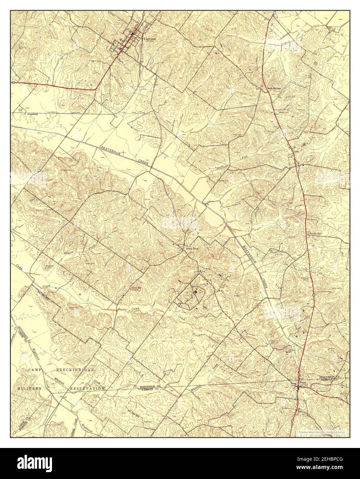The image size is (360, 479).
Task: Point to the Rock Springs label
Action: coord(274,89)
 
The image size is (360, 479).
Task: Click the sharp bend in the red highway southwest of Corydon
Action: coord(96,90)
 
